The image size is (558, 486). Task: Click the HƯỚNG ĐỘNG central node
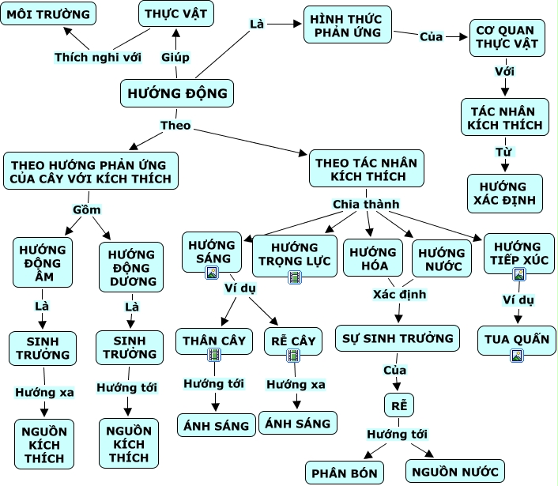[176, 94]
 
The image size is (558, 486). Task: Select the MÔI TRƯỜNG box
[47, 14]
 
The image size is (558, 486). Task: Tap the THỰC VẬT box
[176, 14]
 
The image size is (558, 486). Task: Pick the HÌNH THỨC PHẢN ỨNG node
[346, 24]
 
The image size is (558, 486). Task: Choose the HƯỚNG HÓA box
[373, 258]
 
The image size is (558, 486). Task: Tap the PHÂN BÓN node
[347, 473]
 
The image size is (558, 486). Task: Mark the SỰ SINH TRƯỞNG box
[398, 338]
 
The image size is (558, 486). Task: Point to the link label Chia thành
[365, 204]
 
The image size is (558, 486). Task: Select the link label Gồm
[86, 209]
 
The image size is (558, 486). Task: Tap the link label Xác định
[400, 295]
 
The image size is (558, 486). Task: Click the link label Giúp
[175, 57]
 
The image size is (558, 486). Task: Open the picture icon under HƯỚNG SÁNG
[212, 273]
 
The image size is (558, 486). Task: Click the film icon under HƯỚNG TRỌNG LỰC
[294, 277]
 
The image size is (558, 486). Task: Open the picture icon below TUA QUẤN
[517, 355]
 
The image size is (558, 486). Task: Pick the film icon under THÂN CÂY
[213, 355]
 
